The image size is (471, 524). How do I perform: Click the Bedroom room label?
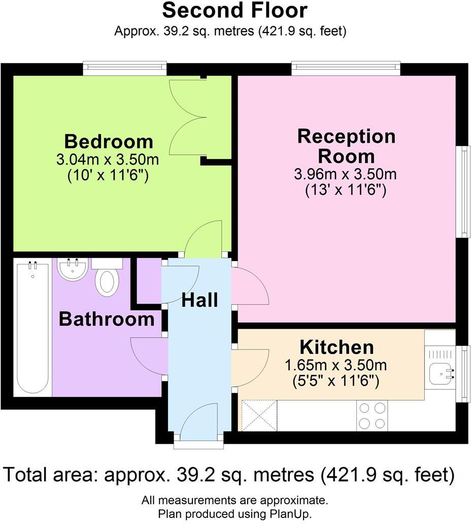pos(109,141)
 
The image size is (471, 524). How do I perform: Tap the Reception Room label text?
pos(346,146)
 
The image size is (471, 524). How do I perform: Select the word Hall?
pos(200,300)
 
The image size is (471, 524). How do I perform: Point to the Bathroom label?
pos(107,319)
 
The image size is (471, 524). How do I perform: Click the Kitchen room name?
pos(337,347)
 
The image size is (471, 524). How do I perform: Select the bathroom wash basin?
pos(73,268)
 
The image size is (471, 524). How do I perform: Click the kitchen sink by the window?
pos(441,374)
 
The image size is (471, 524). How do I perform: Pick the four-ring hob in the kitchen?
pos(372,415)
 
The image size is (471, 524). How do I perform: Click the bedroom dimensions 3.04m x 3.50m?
pos(108,160)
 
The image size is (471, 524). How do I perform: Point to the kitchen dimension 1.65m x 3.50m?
pos(336,365)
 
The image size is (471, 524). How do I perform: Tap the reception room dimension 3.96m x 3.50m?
pos(345,174)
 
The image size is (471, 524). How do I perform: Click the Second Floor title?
pos(234,10)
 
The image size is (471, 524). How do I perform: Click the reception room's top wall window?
pos(346,69)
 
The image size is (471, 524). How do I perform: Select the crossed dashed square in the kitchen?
pos(259,415)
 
